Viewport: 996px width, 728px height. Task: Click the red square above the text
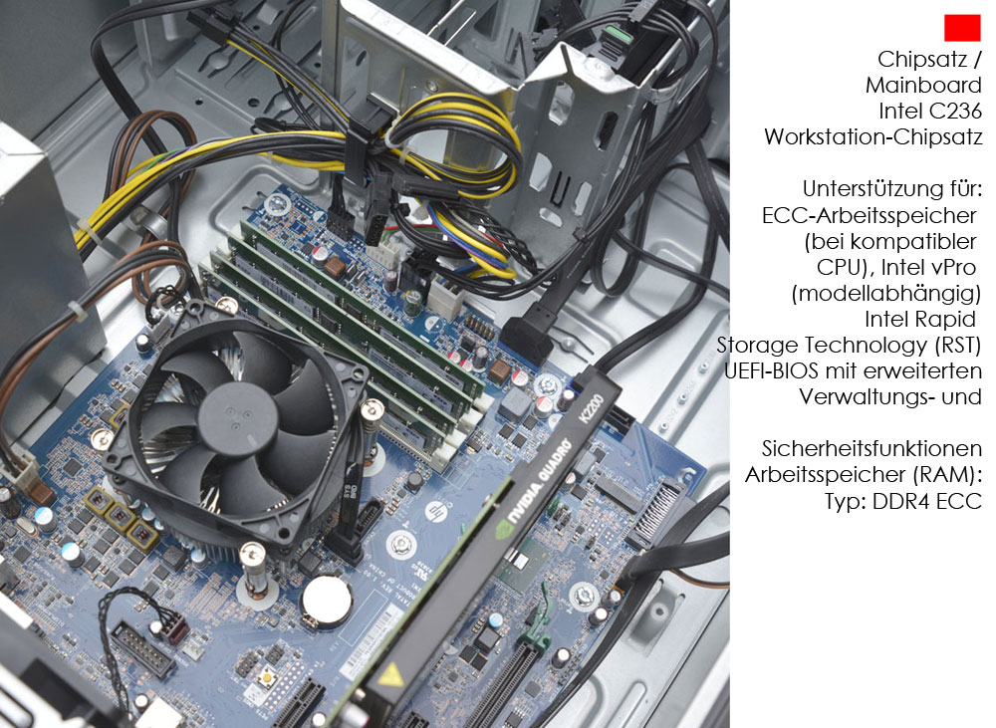coord(962,28)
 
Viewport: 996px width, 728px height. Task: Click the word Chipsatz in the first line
coord(922,59)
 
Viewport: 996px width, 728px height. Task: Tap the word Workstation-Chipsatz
coord(873,137)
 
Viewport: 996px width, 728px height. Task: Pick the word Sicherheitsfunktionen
coord(871,449)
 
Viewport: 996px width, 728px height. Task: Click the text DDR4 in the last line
coord(899,501)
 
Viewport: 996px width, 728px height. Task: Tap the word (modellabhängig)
coord(886,294)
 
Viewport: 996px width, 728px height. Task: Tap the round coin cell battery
coord(327,602)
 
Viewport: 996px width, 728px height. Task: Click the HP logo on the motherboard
coord(434,510)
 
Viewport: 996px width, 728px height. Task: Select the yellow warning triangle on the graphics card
coord(390,674)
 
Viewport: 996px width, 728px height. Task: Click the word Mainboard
coord(923,85)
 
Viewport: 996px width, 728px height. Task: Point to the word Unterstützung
coord(866,189)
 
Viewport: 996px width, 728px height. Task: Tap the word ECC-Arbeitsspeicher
coord(869,216)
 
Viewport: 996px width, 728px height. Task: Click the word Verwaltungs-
coord(867,397)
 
